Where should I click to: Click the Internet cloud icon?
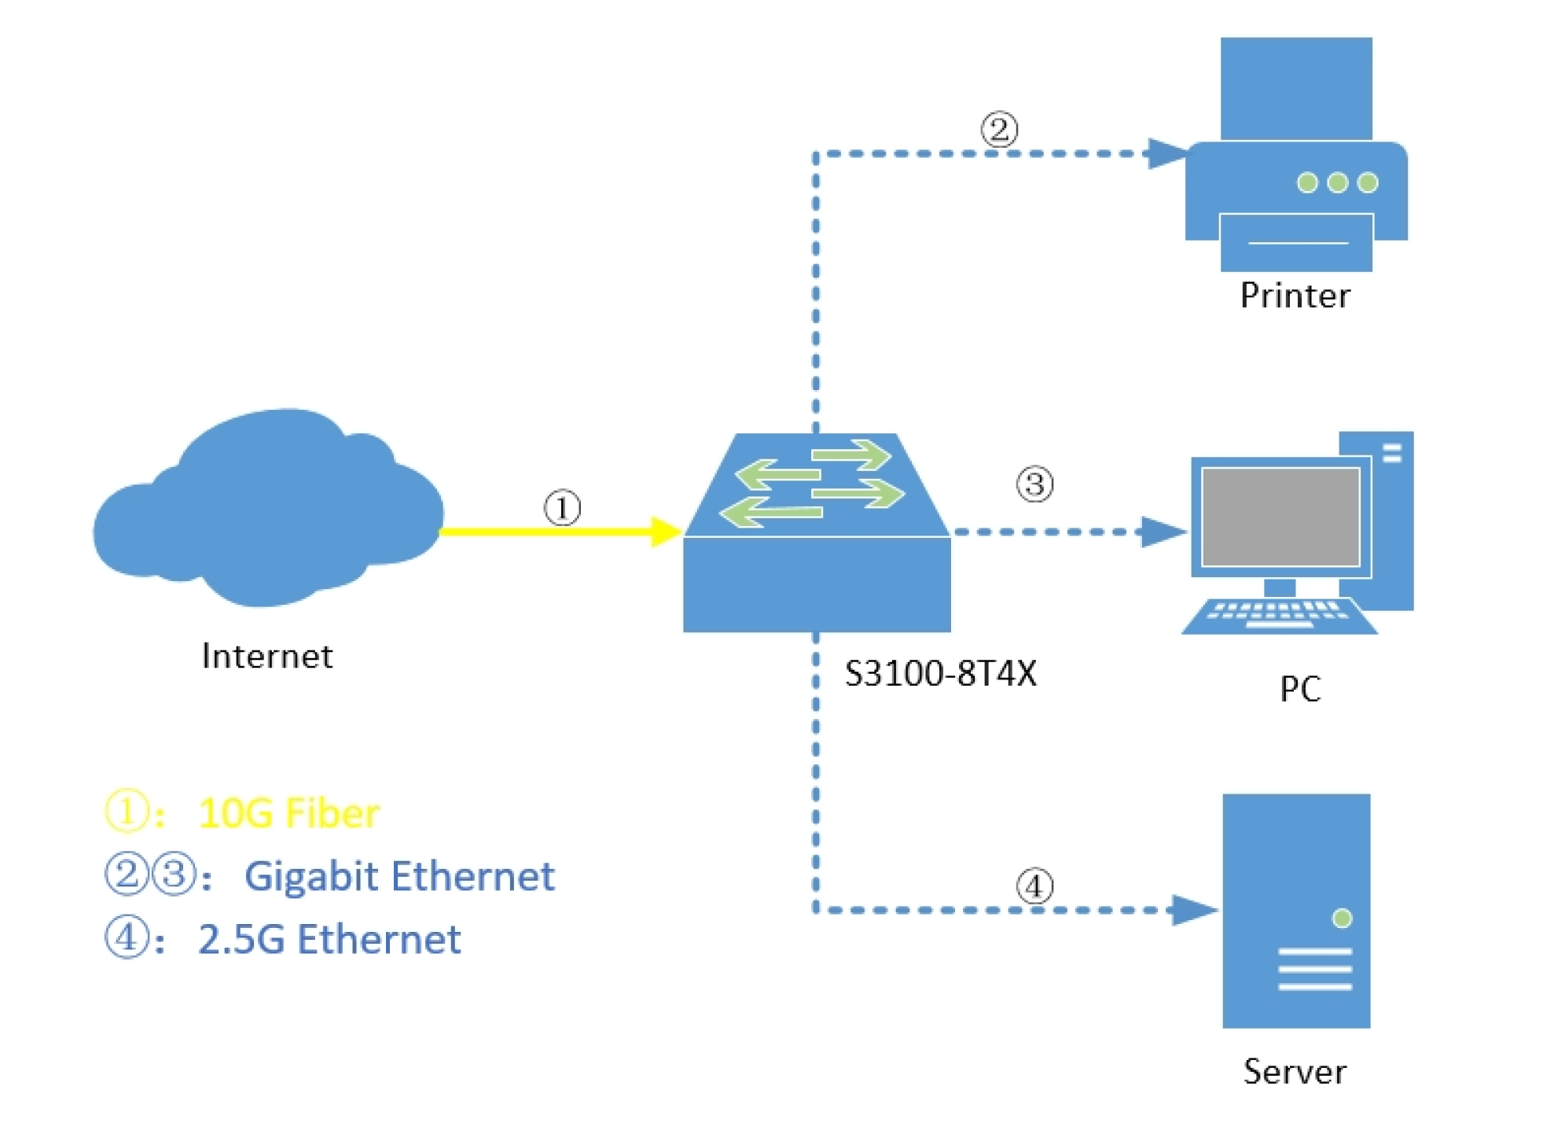267,511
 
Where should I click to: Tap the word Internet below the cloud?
267,657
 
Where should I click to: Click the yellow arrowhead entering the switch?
665,532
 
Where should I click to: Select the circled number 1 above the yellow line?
563,508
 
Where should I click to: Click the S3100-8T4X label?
941,674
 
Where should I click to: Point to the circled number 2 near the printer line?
999,129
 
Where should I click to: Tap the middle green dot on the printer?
1337,182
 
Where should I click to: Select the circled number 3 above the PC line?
1034,484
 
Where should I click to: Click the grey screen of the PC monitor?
1280,517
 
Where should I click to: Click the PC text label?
1300,690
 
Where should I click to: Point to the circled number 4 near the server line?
1034,886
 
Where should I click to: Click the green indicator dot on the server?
1342,918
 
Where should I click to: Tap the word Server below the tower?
1295,1072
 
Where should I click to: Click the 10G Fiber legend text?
288,813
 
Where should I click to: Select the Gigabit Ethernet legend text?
399,876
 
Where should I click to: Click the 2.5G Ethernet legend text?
329,939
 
